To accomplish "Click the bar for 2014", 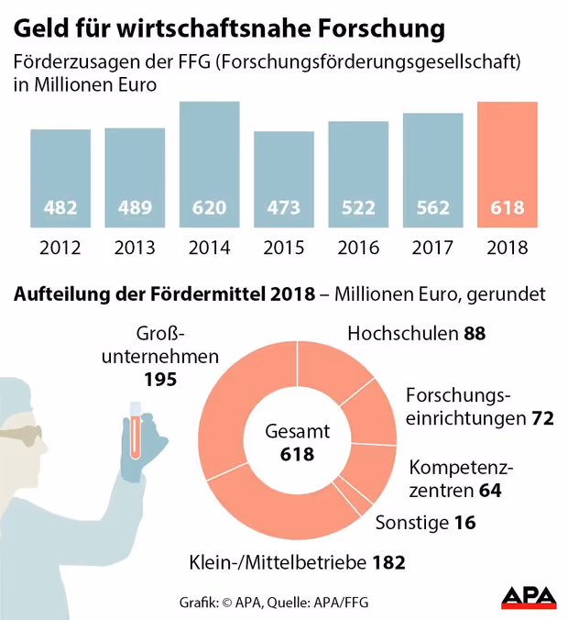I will tap(209, 165).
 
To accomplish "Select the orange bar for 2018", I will tap(508, 165).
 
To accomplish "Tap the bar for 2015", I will tap(284, 179).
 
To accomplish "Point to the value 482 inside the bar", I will tap(60, 207).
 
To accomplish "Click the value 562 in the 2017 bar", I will tap(432, 207).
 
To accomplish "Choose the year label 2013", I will tap(135, 248).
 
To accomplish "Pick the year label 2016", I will tap(358, 248).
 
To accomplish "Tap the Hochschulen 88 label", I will tap(416, 334).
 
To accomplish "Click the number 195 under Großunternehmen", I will tap(161, 378).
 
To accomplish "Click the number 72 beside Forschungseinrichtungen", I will tap(542, 419).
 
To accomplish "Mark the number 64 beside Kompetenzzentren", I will tap(490, 490).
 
